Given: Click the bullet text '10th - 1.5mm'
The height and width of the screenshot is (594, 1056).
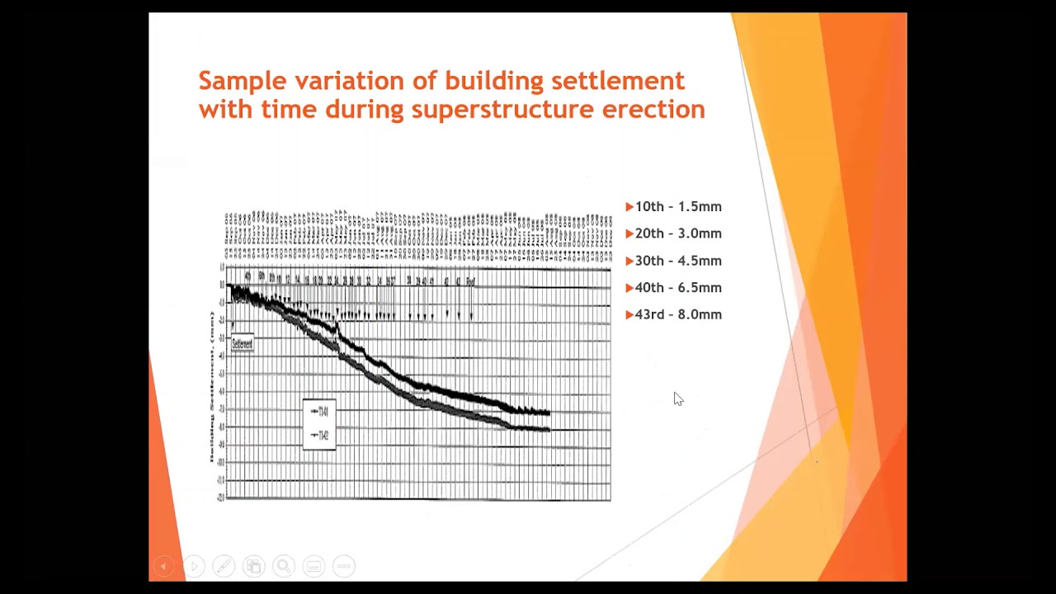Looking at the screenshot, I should pos(678,207).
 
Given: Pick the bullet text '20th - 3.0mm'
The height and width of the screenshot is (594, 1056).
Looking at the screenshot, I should pos(678,233).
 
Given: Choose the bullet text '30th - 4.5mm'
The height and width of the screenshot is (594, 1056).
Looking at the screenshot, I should pos(678,261).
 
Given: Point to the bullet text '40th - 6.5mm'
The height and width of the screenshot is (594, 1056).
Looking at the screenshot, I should pos(678,288).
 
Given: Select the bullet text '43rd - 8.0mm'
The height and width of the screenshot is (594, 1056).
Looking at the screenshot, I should pos(678,314).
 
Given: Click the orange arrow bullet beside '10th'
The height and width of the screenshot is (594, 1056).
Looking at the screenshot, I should pos(629,207).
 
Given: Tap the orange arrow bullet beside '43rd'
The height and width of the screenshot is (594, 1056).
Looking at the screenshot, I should pos(629,314).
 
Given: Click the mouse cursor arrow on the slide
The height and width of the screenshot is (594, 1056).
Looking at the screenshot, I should pos(677,398).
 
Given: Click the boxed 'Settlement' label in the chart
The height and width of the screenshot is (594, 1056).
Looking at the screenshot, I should pos(243,343).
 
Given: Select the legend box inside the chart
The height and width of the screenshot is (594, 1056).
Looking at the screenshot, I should pos(319,424).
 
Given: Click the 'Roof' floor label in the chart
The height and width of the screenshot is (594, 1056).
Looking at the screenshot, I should pos(470,281).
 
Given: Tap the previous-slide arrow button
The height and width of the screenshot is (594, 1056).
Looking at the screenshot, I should pos(163,566).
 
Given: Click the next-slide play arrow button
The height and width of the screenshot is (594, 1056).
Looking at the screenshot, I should pos(194,566).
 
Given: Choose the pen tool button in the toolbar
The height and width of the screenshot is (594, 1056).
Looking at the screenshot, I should pos(223,566).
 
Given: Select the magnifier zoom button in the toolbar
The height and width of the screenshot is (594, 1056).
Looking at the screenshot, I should pos(283,566).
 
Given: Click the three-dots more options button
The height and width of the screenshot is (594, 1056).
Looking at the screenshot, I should pos(344,566).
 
